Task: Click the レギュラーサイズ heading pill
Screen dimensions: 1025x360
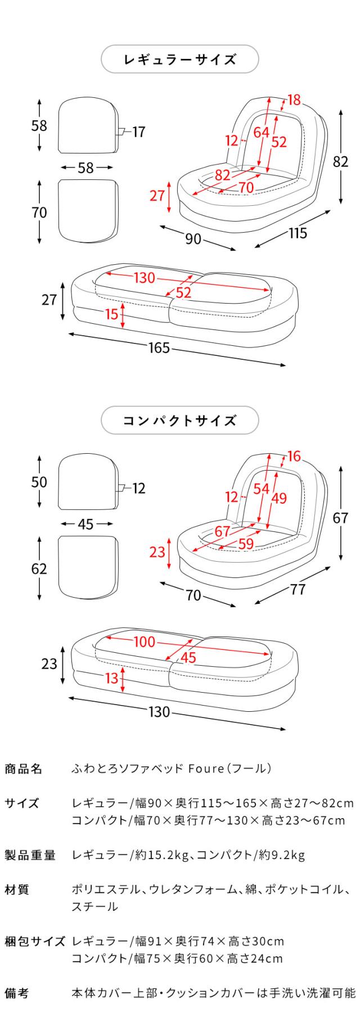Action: [x=179, y=60]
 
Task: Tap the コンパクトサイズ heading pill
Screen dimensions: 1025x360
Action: [x=179, y=420]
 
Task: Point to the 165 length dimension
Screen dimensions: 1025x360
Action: [x=159, y=348]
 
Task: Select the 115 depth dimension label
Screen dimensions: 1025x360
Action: [x=298, y=233]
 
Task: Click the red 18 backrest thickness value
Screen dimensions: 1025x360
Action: [x=294, y=101]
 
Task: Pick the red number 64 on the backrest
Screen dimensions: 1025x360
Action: [x=261, y=133]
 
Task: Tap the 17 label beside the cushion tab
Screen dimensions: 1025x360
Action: [x=138, y=132]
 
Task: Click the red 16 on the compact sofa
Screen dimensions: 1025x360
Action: [x=294, y=457]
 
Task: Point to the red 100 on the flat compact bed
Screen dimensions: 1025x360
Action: [x=144, y=641]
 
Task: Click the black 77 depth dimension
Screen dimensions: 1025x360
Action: [x=298, y=589]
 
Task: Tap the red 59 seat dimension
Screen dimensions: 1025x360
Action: [x=246, y=544]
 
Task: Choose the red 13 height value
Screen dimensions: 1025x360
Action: [x=112, y=678]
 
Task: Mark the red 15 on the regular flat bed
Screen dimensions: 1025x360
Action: [x=112, y=314]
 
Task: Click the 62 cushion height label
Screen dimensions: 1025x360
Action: [x=39, y=568]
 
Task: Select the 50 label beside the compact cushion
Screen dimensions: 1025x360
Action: [x=39, y=482]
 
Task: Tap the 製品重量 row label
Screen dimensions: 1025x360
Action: [x=30, y=855]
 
